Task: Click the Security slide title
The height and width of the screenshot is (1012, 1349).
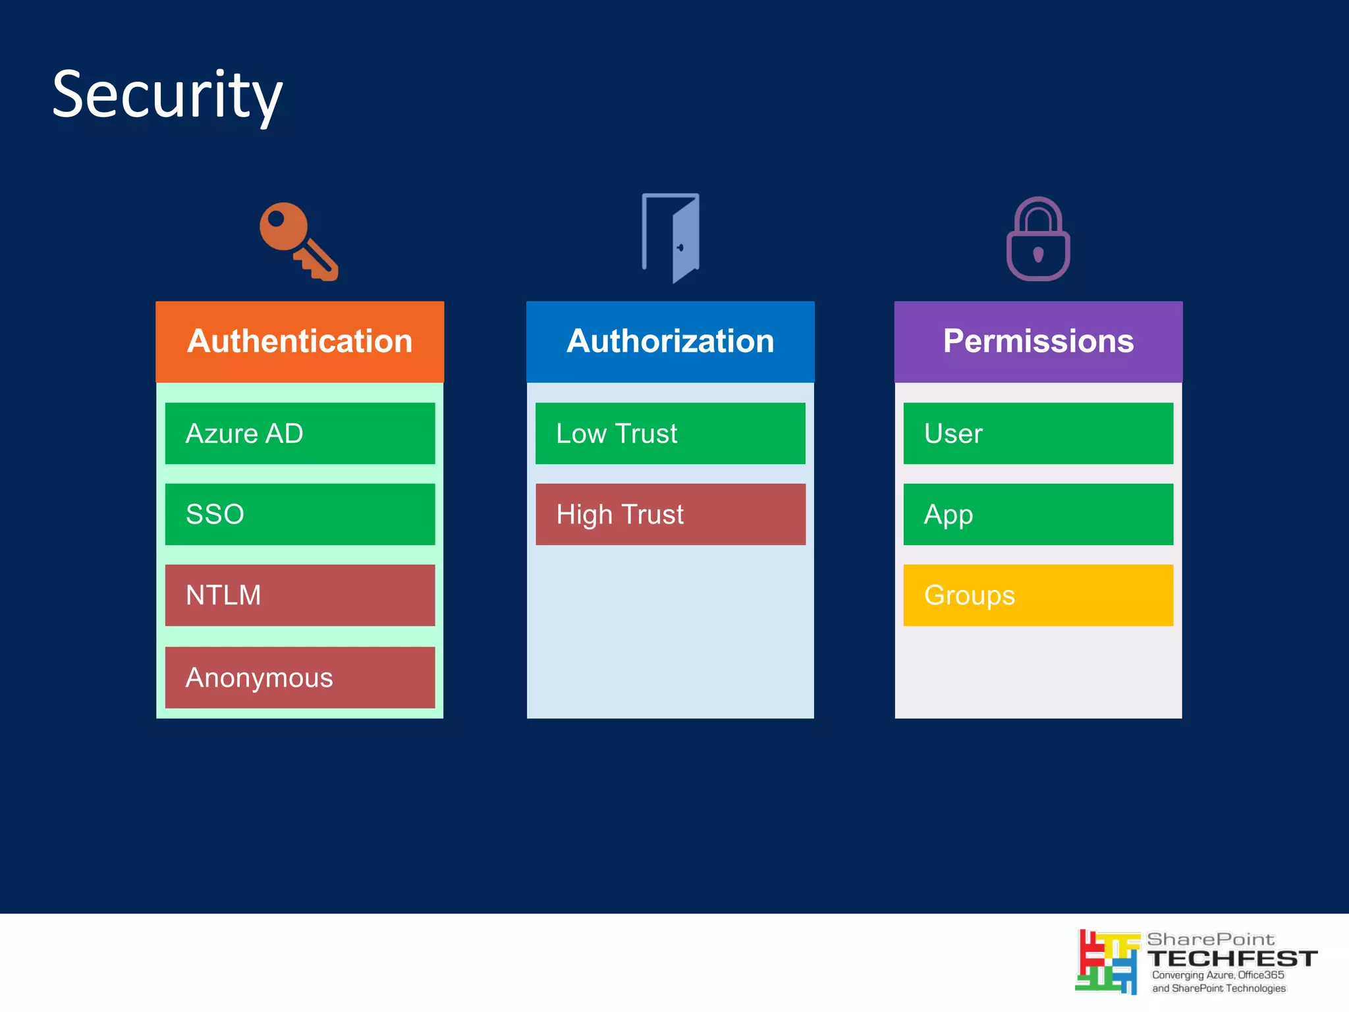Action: [x=167, y=95]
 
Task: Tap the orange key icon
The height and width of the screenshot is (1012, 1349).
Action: [x=298, y=242]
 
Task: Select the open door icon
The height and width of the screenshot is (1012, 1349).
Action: [x=671, y=238]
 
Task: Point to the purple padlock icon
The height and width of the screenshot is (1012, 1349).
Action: [x=1038, y=240]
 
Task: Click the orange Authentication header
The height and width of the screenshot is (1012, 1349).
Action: [x=300, y=342]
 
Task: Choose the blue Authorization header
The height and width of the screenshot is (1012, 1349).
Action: [x=670, y=342]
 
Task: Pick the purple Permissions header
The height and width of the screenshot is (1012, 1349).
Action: [x=1038, y=342]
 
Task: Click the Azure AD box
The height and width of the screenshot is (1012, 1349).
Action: [x=300, y=433]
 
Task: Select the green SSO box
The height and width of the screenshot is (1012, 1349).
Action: [x=300, y=514]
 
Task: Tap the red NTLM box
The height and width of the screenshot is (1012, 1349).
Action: [x=300, y=595]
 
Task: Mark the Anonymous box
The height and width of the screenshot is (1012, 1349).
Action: [x=300, y=678]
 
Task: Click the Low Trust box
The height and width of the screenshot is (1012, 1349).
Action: [x=670, y=433]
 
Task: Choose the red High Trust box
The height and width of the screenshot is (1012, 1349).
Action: [x=670, y=514]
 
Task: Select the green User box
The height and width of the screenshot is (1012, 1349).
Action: [x=1038, y=433]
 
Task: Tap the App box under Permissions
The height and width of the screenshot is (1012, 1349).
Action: [x=1038, y=514]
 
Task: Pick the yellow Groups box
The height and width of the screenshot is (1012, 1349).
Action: [x=1038, y=595]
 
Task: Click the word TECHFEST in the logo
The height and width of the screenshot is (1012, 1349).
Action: [x=1232, y=959]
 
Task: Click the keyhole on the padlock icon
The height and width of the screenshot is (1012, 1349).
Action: [x=1038, y=254]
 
